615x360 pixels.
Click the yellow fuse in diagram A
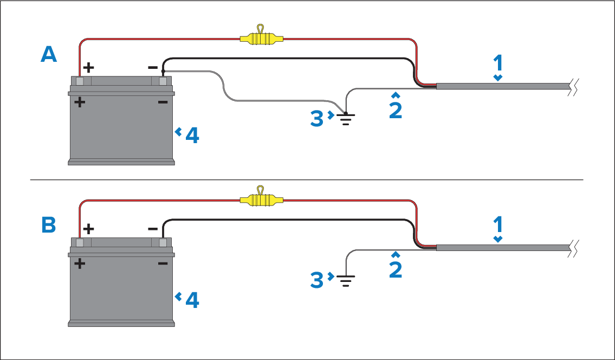point(261,38)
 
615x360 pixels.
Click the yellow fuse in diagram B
point(261,200)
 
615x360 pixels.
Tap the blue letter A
point(49,54)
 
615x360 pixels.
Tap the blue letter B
point(49,225)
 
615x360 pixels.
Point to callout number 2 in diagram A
point(396,110)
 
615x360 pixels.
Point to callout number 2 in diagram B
point(396,269)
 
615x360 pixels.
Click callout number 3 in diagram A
point(316,119)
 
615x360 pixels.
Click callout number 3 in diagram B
point(316,280)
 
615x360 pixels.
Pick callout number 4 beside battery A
point(192,136)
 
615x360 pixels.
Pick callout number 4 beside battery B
point(192,300)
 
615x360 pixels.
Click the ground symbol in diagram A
point(346,119)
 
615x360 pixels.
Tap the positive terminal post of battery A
point(80,81)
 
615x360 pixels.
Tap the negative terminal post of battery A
point(163,81)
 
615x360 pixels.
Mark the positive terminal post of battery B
point(80,243)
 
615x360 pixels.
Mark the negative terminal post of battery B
point(163,243)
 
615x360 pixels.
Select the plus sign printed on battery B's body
point(80,263)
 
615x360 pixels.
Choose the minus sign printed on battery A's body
point(163,102)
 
